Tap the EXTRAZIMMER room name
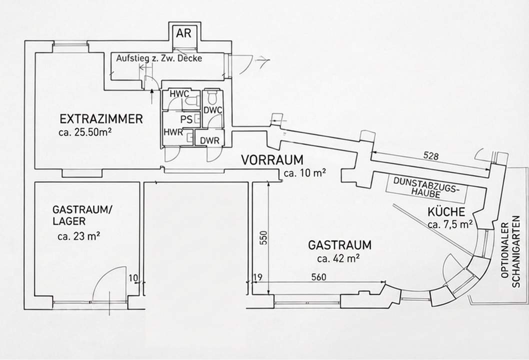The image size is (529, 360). tap(101, 119)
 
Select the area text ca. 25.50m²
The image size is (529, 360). tap(84, 132)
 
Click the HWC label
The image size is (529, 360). tap(178, 93)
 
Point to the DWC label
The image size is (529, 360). tap(212, 110)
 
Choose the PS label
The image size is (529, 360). tap(186, 119)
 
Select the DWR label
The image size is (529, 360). tap(210, 141)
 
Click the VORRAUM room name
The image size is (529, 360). tap(272, 160)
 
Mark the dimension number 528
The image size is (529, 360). tap(430, 156)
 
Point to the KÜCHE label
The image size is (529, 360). tap(446, 211)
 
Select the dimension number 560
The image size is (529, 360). tap(319, 276)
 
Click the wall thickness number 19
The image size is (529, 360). tap(258, 276)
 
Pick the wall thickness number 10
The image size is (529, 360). tap(132, 276)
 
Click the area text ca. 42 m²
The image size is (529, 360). tap(338, 258)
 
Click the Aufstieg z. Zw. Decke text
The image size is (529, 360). tap(159, 58)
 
